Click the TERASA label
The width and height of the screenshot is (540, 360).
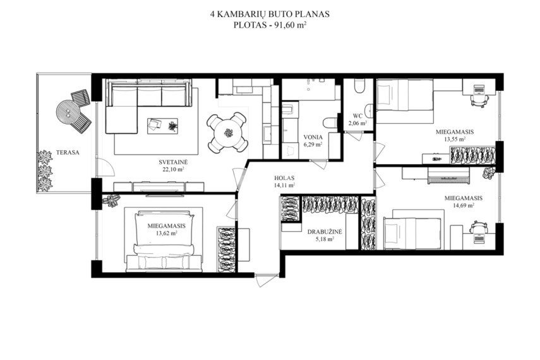pos(68,153)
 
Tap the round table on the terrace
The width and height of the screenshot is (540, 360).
pos(68,112)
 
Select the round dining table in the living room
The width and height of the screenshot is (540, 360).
pos(227,132)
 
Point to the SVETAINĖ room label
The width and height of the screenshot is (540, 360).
pos(173,162)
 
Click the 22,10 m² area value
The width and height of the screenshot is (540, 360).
pos(173,169)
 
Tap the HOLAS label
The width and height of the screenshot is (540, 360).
pos(284,178)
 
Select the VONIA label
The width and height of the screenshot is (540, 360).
pos(313,137)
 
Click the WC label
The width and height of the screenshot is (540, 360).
pos(358,116)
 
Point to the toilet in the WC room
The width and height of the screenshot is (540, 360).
pos(359,86)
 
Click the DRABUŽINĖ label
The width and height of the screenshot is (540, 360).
pos(325,232)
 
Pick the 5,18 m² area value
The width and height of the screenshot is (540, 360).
pos(325,239)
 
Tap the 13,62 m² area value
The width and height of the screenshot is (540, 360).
pos(166,233)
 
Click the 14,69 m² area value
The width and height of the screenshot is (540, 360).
pos(463,205)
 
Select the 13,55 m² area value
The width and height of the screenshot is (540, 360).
pos(455,139)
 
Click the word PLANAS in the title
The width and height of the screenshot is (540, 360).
pos(312,14)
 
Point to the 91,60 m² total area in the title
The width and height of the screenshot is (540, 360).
pos(291,25)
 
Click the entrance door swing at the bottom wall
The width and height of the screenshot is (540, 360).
pos(265,280)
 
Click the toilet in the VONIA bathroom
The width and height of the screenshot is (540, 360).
pos(330,123)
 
